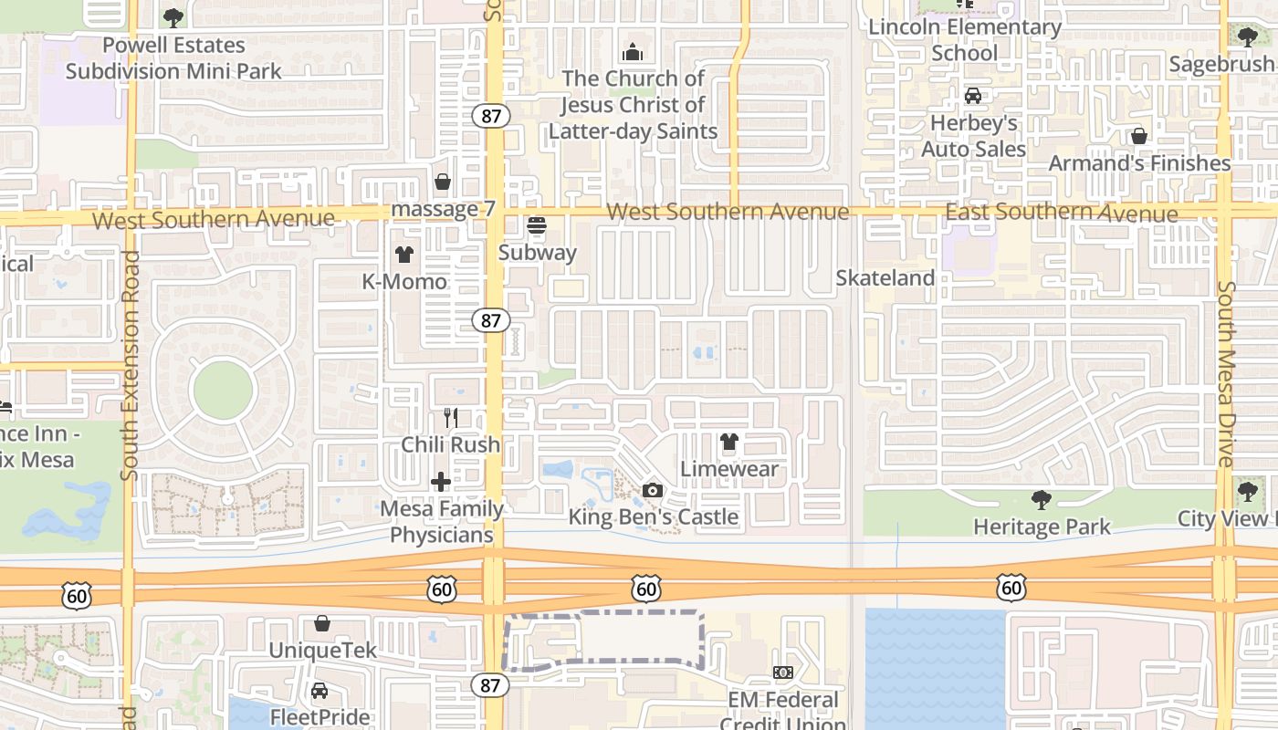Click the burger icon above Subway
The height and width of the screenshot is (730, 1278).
coord(537,224)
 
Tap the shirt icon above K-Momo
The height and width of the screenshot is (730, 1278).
coord(403,255)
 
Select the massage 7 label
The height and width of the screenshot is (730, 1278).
coord(443,209)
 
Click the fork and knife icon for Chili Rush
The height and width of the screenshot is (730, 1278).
coord(450,418)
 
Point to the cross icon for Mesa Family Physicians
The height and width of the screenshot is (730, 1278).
coord(441,481)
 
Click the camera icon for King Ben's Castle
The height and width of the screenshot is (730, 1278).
coord(652,491)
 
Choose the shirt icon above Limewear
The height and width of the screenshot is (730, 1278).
coord(728,443)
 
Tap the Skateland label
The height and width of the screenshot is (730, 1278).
coord(885,278)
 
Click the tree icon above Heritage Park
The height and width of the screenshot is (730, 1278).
coord(1041,499)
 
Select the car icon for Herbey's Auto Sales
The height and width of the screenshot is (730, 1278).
coord(973,96)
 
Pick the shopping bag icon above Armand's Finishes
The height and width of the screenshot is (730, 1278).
coord(1139,136)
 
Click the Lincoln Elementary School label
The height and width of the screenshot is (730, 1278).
coord(965,40)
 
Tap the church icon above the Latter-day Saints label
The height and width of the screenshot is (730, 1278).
coord(632,52)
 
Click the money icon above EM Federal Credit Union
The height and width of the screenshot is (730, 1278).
coord(782,673)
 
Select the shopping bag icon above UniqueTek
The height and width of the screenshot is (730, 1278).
coord(322,623)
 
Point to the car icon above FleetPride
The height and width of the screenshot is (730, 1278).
coord(319,691)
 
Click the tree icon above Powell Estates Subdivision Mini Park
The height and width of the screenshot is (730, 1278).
coord(173,17)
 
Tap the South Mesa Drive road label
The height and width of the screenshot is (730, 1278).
coord(1226,374)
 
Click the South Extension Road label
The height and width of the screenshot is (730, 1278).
coord(130,365)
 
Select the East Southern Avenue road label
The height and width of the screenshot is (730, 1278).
coord(1061,213)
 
